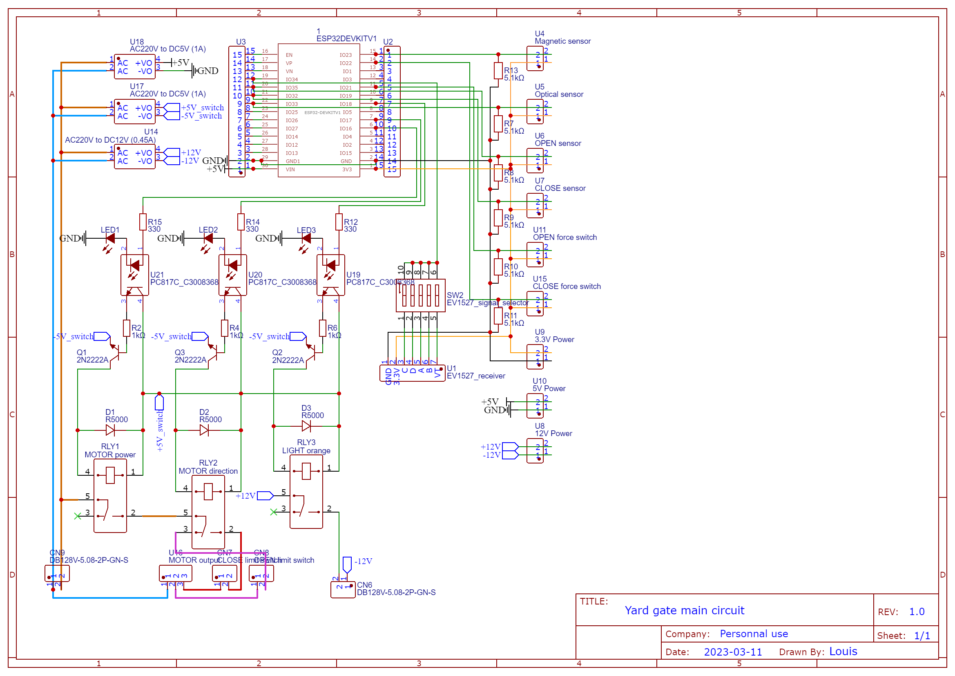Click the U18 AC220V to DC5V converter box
point(135,67)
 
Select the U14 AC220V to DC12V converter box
point(135,157)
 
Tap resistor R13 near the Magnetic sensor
point(498,71)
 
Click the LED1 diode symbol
point(110,239)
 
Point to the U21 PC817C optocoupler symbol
point(135,275)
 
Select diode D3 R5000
point(306,426)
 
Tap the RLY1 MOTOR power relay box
point(110,496)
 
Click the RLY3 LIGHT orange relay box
point(306,492)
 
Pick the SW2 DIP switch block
point(420,295)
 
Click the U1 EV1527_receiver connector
point(412,373)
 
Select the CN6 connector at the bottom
point(343,589)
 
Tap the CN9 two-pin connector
point(57,573)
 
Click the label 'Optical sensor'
point(559,94)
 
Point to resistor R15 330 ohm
point(143,222)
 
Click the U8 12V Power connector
point(535,450)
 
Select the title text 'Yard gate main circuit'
point(684,610)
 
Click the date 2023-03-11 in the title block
point(733,652)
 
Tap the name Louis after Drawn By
point(843,651)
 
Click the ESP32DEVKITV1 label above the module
point(346,39)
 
